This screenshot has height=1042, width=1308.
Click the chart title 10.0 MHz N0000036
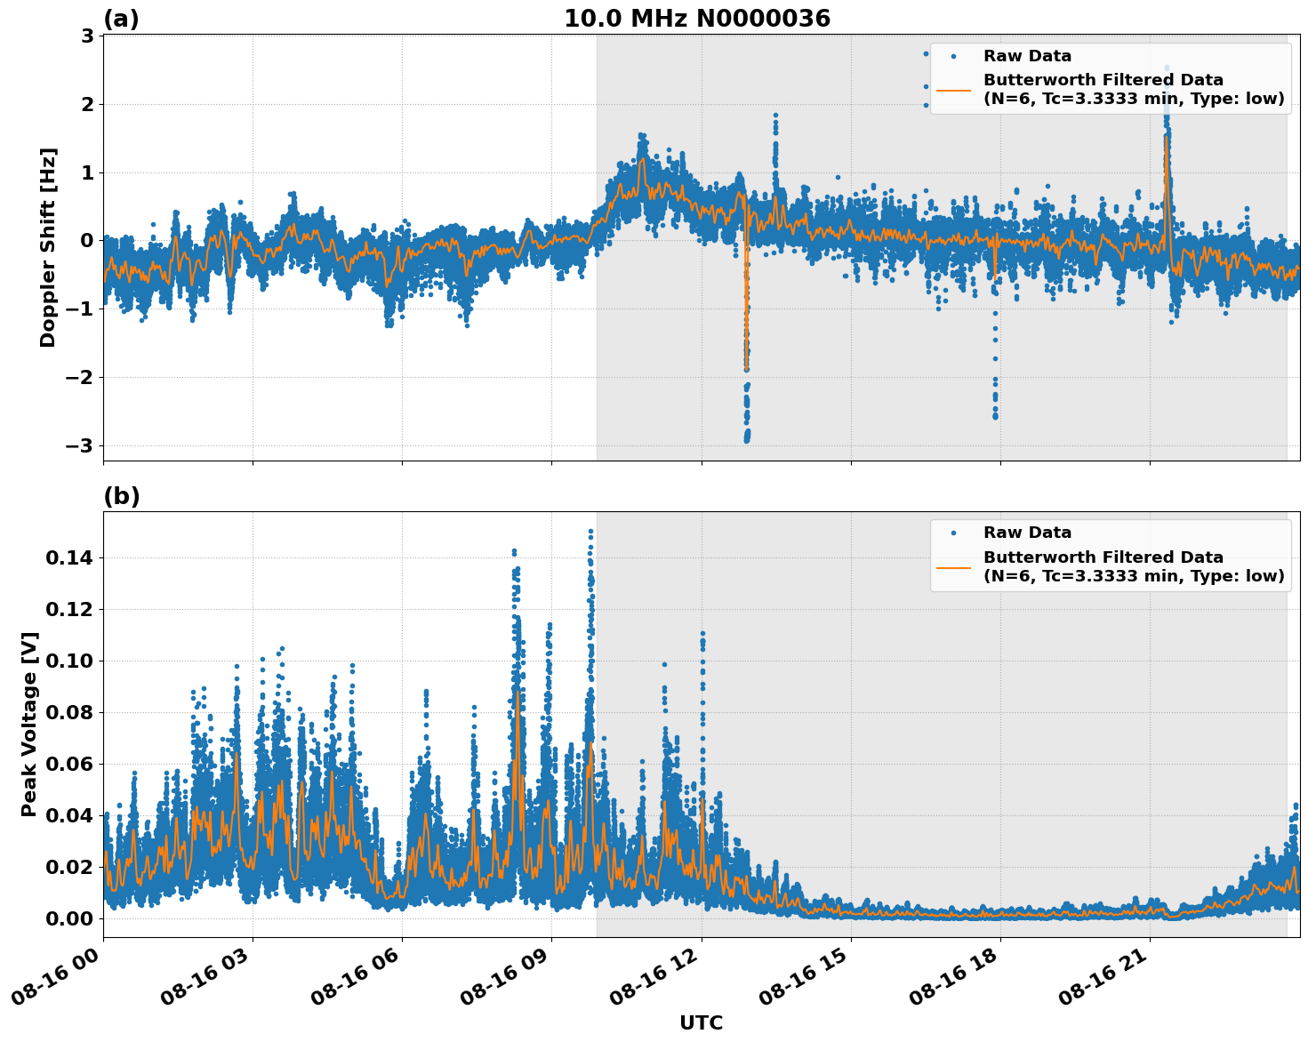point(696,19)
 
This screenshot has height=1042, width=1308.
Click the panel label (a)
point(121,19)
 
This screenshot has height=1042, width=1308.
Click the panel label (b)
point(121,496)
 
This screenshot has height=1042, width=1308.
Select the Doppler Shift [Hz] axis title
point(48,247)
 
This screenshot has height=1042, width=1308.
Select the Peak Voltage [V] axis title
point(29,725)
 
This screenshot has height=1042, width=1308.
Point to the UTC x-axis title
point(701,1022)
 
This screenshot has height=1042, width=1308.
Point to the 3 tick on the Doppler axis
point(87,36)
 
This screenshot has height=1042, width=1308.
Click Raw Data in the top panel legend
point(1027,56)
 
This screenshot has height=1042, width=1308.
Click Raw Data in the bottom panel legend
point(1027,533)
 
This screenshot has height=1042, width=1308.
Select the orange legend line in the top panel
point(953,90)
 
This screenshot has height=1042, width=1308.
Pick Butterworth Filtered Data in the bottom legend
point(1103,557)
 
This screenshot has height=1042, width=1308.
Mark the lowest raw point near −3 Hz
point(746,440)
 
